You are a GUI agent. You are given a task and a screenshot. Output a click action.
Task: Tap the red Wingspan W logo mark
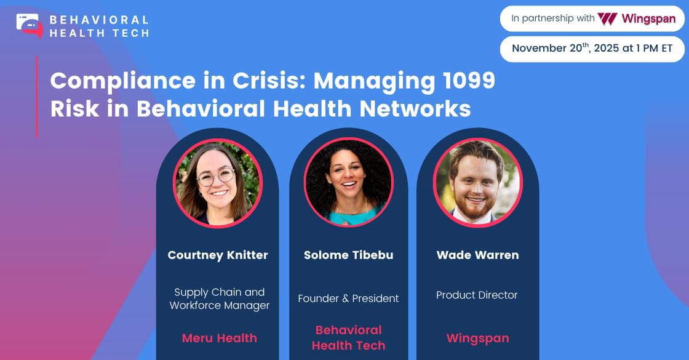click(607, 18)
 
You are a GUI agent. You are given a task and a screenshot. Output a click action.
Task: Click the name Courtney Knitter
click(218, 255)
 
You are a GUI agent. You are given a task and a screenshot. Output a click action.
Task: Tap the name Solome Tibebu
click(348, 255)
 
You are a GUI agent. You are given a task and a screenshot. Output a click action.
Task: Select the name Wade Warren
click(477, 255)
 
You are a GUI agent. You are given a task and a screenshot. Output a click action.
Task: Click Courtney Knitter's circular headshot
click(218, 183)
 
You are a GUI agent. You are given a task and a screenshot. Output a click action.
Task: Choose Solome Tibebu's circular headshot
click(348, 182)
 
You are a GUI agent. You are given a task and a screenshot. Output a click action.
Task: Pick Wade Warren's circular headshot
click(477, 182)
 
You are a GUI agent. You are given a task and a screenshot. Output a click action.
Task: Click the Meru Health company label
click(219, 338)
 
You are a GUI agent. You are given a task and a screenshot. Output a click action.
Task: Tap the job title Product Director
click(477, 295)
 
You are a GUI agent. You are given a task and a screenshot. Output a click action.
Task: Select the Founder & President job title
click(348, 298)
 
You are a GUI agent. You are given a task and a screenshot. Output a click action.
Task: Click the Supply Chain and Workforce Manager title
click(220, 298)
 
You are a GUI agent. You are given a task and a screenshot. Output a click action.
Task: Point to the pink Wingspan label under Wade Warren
click(477, 338)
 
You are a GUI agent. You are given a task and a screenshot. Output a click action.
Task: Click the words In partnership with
click(552, 18)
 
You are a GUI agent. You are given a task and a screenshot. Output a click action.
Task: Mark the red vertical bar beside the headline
click(37, 96)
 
